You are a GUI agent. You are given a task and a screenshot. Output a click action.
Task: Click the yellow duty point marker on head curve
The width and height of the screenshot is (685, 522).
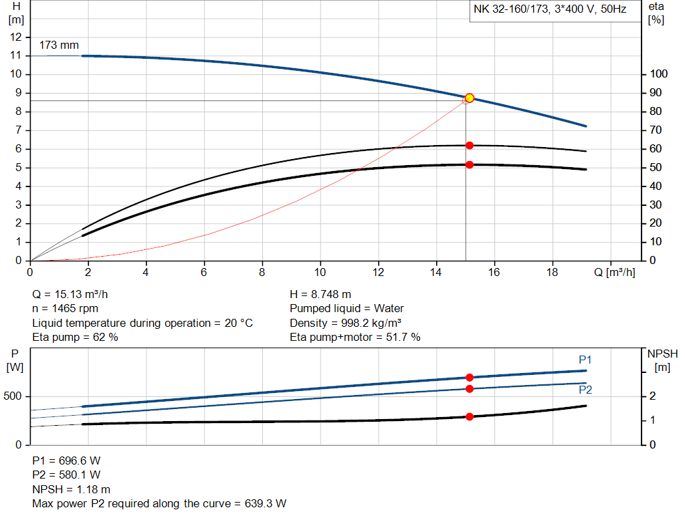[469, 98]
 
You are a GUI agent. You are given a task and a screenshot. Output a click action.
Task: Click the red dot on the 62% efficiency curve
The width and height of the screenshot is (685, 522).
[469, 145]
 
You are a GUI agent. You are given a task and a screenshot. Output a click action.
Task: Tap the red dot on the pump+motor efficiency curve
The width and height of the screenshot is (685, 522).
[469, 164]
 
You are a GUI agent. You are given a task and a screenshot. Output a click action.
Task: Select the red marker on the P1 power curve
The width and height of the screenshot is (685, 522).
[469, 378]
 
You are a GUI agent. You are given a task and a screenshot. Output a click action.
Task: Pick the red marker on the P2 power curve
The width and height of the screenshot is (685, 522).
[469, 388]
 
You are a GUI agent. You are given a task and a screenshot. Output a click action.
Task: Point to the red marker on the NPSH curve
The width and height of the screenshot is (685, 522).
[469, 416]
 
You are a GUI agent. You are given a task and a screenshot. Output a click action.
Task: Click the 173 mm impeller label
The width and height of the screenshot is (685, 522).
[59, 45]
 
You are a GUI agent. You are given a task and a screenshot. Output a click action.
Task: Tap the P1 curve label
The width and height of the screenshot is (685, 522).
[585, 360]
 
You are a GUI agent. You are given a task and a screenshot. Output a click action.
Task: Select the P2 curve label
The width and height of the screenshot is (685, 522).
[585, 390]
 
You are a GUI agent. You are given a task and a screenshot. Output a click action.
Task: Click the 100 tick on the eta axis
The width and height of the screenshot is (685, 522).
[658, 74]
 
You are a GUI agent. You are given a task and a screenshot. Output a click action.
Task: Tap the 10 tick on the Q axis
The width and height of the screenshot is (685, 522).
[320, 273]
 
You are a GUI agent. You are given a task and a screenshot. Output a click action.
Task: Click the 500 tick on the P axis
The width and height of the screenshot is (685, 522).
[14, 396]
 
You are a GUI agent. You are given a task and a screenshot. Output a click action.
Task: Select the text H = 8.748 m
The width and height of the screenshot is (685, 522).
[320, 294]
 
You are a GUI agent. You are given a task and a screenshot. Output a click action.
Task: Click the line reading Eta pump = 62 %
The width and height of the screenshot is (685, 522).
[75, 337]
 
